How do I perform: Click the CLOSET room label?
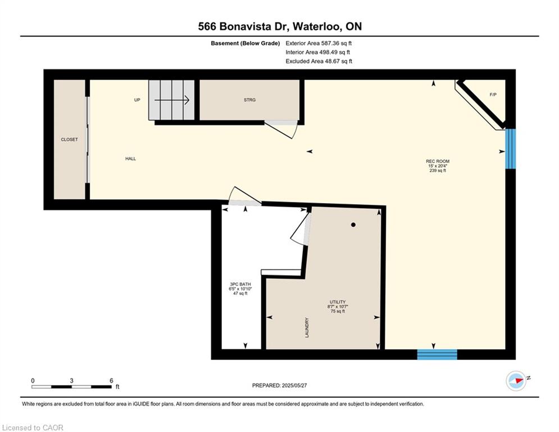(69, 139)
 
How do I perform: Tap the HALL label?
(130, 159)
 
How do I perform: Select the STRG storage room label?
(249, 100)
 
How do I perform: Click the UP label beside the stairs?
(137, 100)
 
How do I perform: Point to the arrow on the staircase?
(172, 100)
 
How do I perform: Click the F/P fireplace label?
(493, 94)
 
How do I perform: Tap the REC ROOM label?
(438, 161)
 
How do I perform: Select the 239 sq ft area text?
(438, 170)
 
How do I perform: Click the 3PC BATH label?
(240, 284)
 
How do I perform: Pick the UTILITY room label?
(338, 302)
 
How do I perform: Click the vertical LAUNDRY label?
(307, 328)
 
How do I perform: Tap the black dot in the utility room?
(353, 225)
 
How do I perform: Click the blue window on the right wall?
(511, 148)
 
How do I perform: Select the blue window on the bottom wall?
(437, 354)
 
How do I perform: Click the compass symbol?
(516, 381)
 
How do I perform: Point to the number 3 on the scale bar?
(72, 381)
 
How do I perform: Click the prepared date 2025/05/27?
(294, 385)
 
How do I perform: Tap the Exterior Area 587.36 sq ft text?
(319, 43)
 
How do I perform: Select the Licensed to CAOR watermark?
(33, 427)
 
